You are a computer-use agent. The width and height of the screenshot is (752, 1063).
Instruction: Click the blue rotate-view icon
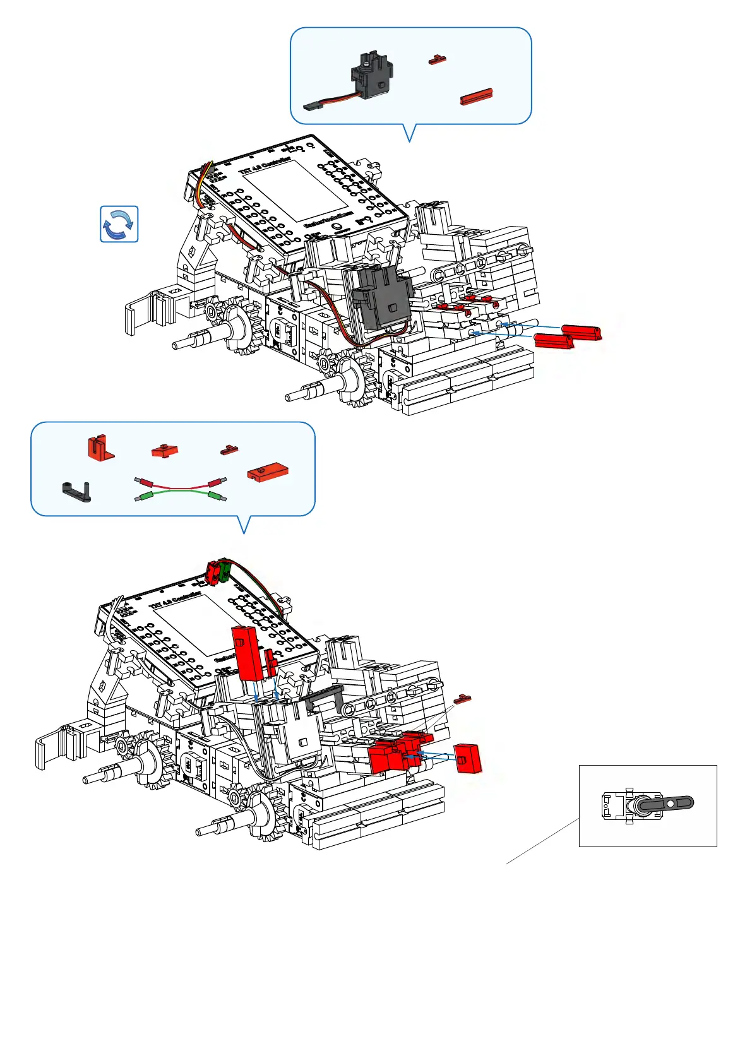(x=119, y=224)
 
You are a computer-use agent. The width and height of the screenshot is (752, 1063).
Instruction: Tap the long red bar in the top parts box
(x=476, y=96)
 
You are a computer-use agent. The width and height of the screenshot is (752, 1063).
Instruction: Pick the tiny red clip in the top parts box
(x=437, y=60)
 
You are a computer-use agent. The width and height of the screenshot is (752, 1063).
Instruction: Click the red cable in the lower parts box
(x=180, y=484)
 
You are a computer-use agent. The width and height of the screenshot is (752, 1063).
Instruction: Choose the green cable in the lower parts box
(x=180, y=496)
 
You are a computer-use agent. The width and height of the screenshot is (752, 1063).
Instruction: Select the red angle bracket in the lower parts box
(x=100, y=448)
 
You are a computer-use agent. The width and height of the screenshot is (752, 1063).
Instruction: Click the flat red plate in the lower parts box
(x=268, y=472)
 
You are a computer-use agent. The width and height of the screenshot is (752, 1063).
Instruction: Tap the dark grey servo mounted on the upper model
(x=381, y=295)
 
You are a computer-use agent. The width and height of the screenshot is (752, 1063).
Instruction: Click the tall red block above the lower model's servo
(x=246, y=653)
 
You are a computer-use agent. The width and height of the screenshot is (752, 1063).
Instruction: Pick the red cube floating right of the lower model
(x=467, y=758)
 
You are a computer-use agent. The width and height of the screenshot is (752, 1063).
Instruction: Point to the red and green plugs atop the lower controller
(x=218, y=571)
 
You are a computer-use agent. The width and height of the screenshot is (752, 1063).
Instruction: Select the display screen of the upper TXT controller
(x=296, y=189)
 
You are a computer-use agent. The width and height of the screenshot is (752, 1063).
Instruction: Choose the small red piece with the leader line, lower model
(x=462, y=699)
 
